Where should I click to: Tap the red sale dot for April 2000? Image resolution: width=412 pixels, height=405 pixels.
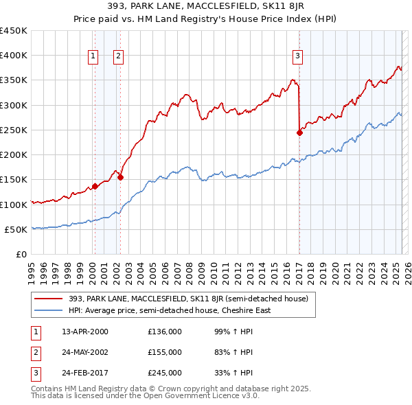[95, 186]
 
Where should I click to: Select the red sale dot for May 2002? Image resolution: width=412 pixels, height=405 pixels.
[120, 177]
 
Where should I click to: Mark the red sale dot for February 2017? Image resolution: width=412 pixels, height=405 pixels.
[299, 132]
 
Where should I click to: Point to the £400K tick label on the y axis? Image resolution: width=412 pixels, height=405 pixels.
[14, 56]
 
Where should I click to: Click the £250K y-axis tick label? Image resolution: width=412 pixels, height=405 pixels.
[14, 130]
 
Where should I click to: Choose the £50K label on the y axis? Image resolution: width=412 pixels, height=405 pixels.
[16, 229]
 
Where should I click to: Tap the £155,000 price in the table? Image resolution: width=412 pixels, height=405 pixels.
[165, 352]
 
